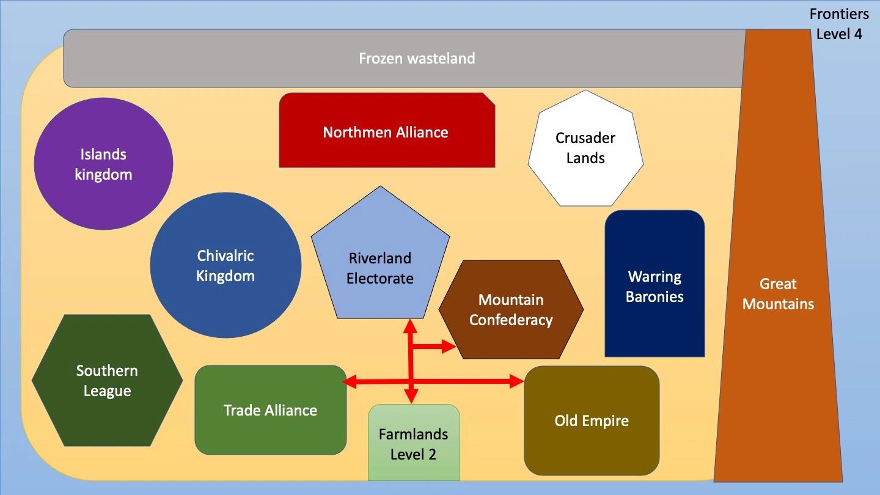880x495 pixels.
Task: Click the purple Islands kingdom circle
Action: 103,164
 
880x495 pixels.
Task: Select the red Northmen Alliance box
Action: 387,130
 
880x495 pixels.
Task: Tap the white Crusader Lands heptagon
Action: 585,148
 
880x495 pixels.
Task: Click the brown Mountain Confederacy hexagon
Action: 511,309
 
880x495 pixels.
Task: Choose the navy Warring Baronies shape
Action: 654,284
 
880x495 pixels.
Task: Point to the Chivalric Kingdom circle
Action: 226,265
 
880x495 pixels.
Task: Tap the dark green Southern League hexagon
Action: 108,380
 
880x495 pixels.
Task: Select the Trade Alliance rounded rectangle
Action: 271,410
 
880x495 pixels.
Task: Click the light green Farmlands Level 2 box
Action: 414,442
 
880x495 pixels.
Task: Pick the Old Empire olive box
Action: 592,420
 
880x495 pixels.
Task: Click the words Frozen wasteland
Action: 417,59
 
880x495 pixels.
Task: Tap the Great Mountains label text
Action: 778,294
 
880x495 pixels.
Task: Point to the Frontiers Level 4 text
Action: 839,24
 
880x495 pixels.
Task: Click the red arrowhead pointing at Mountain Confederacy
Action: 449,346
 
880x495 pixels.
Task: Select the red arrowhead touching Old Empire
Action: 516,381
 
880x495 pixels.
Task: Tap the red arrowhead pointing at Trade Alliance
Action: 350,381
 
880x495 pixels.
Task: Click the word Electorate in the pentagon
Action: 380,279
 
